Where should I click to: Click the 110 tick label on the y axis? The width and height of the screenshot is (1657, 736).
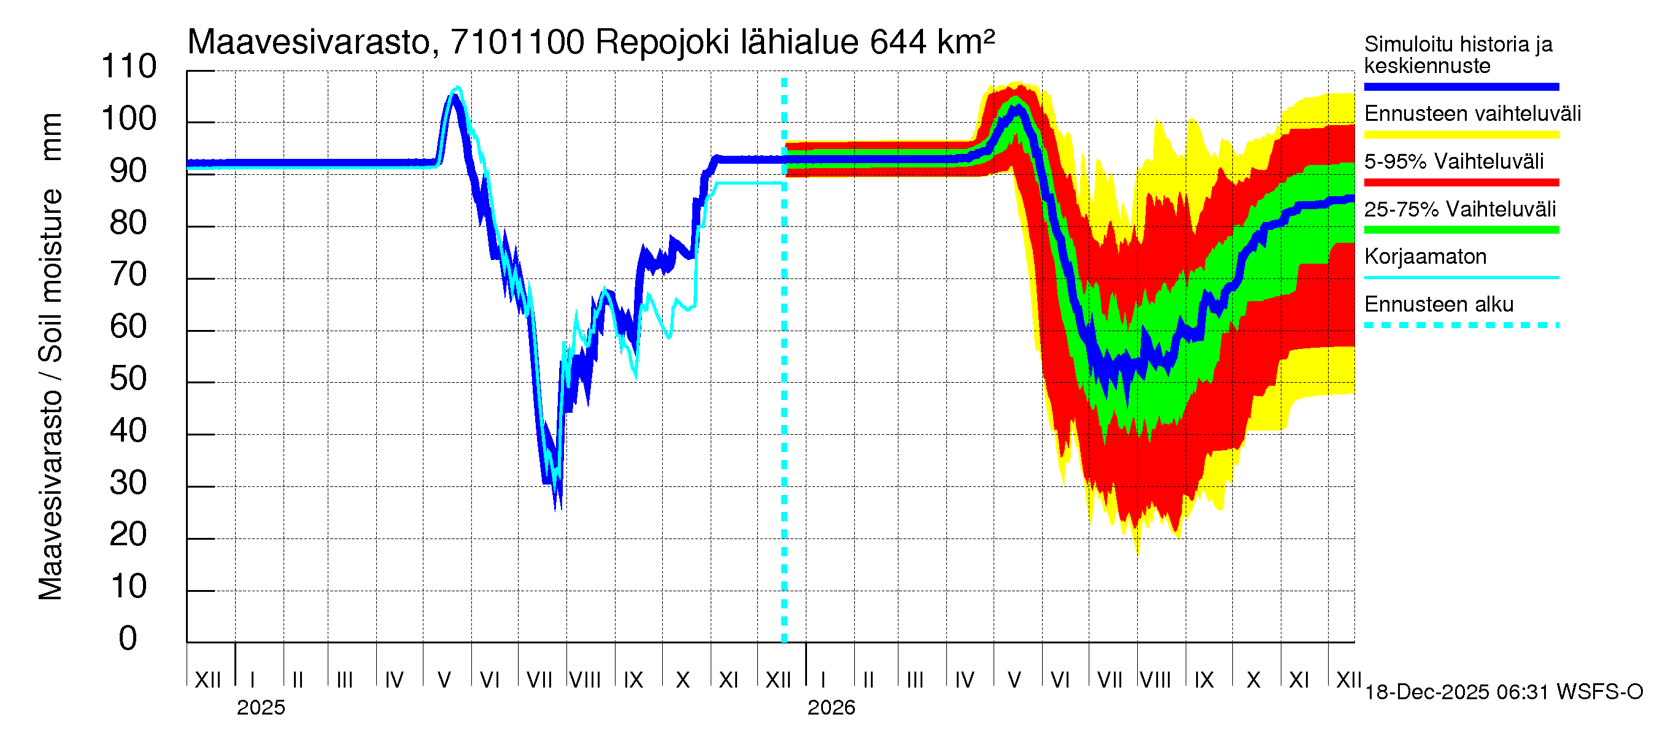click(129, 67)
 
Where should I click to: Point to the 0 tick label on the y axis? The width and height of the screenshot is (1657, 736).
click(128, 638)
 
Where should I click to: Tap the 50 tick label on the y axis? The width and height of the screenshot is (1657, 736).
click(129, 378)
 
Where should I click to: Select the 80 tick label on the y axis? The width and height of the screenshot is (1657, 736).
click(129, 223)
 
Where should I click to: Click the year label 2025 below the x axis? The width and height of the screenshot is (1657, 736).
click(260, 708)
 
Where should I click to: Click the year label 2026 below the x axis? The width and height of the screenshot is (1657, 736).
click(831, 708)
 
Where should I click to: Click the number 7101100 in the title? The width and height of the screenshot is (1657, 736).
click(517, 42)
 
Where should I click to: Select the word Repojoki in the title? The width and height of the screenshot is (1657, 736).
click(663, 42)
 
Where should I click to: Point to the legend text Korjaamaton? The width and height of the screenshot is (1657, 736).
click(1425, 257)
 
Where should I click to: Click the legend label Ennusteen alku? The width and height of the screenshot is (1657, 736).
click(1439, 305)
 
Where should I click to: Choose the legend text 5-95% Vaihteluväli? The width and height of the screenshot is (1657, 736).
click(1453, 161)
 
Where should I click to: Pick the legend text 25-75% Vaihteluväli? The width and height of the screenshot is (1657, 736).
click(1459, 210)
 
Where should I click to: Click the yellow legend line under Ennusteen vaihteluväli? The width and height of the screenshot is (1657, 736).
click(1461, 135)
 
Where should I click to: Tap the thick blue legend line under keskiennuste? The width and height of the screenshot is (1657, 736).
click(1461, 86)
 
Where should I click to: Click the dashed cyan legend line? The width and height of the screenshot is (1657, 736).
click(1461, 325)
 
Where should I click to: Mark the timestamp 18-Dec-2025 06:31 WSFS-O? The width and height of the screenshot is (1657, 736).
click(1503, 692)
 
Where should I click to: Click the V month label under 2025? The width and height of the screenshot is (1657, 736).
click(444, 680)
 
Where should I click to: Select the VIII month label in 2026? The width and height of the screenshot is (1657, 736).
click(1155, 680)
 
